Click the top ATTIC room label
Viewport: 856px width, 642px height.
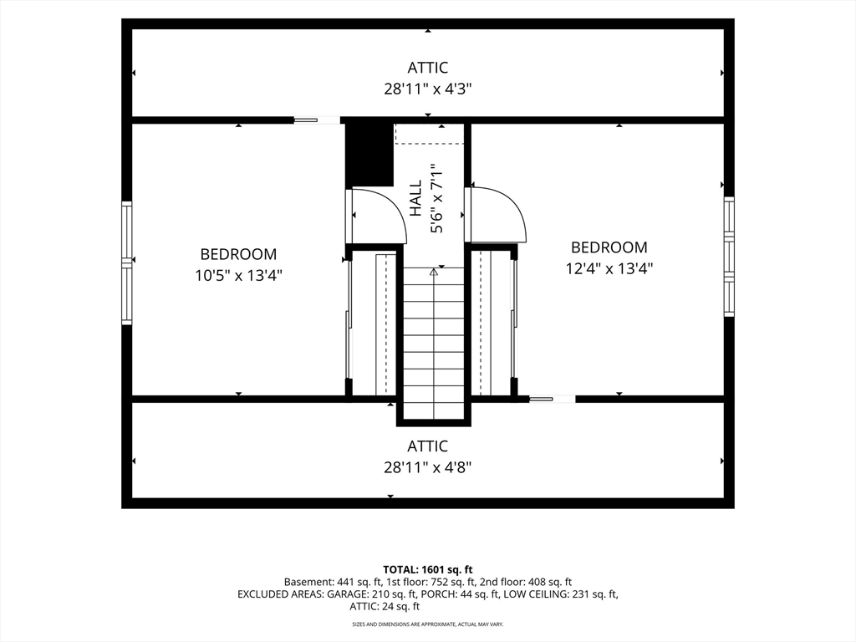coord(427,68)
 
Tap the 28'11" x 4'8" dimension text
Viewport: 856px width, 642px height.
coord(427,468)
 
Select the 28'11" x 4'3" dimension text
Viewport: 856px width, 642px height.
coord(427,89)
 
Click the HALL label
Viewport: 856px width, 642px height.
coord(416,198)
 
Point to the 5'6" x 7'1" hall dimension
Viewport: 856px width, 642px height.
coord(436,198)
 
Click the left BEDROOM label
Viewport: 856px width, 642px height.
coord(238,254)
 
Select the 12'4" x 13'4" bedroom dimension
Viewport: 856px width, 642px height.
coord(609,268)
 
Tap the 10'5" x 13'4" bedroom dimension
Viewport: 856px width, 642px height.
coord(238,276)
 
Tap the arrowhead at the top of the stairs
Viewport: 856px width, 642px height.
coord(434,272)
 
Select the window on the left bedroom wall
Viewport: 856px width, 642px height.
coord(127,263)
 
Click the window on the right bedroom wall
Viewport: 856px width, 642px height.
coord(729,256)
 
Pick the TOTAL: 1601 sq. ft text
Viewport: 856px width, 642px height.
coord(428,570)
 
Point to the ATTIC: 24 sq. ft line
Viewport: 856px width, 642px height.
coord(385,607)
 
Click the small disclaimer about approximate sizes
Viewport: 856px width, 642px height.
coord(428,624)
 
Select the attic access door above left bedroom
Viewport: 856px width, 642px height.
coord(317,120)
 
